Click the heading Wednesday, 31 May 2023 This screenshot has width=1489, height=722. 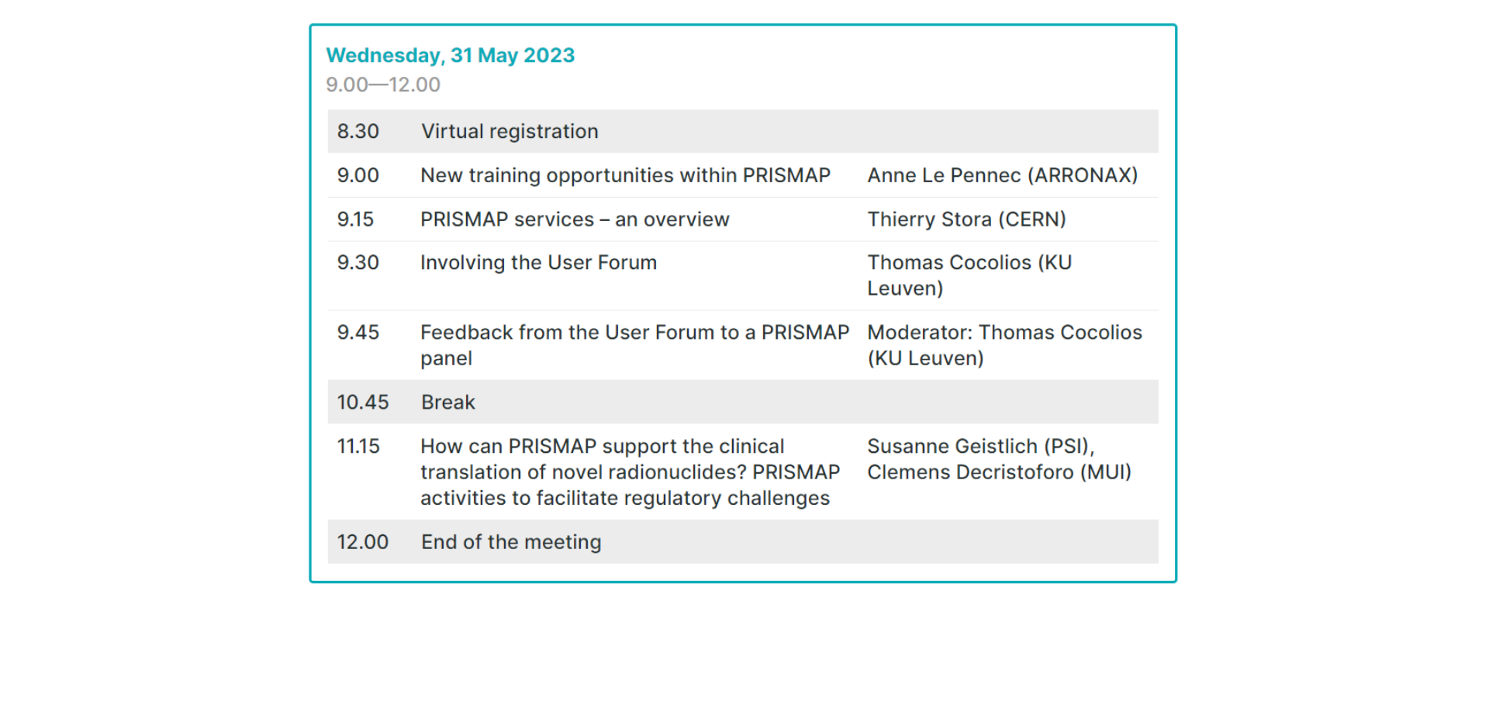[x=450, y=56]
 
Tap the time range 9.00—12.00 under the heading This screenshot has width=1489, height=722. [x=383, y=85]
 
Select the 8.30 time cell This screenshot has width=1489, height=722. [x=358, y=131]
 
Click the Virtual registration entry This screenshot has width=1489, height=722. [x=510, y=132]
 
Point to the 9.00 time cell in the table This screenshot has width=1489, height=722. [x=358, y=175]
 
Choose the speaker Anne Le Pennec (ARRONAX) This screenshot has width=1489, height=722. [x=1003, y=175]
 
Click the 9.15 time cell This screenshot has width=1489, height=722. [x=355, y=219]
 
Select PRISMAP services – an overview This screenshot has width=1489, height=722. [x=575, y=219]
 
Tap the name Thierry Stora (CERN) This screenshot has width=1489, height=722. [x=966, y=219]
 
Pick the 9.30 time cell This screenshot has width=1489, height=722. [x=358, y=263]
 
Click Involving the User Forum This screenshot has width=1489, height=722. [x=538, y=263]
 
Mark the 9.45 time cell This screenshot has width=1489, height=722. [x=358, y=333]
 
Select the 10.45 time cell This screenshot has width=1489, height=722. [x=363, y=402]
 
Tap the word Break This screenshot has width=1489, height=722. [x=448, y=402]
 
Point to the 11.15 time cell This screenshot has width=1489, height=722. [x=358, y=447]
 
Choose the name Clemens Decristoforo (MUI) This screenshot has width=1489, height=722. [x=999, y=472]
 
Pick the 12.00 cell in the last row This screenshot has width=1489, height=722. [x=363, y=542]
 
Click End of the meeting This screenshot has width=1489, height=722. [x=511, y=542]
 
